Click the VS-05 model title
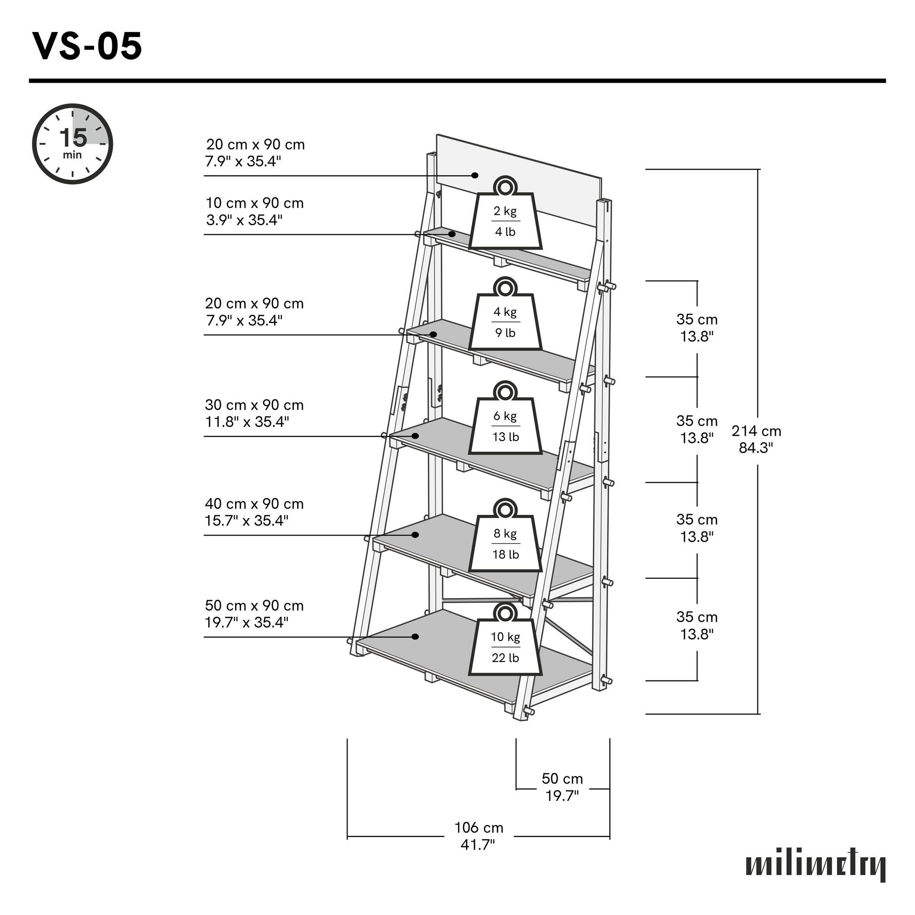(x=87, y=47)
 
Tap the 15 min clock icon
(x=72, y=143)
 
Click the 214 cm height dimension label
(x=756, y=439)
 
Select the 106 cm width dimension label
(x=478, y=836)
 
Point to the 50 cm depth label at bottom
(x=562, y=787)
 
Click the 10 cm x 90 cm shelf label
(x=254, y=211)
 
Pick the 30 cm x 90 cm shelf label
(x=254, y=413)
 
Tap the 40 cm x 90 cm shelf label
(x=254, y=512)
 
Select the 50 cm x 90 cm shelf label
(x=254, y=614)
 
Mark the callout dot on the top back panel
(x=475, y=175)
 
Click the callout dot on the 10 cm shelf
(x=452, y=234)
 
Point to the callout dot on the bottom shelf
(x=415, y=637)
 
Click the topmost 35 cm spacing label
(x=697, y=328)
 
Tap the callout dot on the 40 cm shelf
(x=415, y=535)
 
